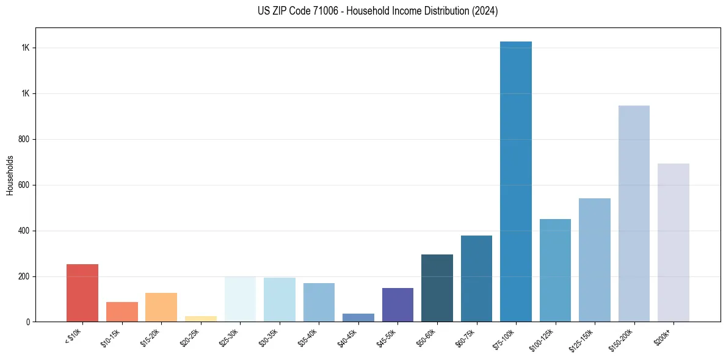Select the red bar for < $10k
point(82,293)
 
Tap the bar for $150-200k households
point(634,214)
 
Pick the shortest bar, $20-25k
point(201,319)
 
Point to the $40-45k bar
point(358,317)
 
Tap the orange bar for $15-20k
point(161,308)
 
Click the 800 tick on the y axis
point(25,139)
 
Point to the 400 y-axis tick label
point(25,231)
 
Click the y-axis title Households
point(10,175)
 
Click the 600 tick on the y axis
point(25,185)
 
